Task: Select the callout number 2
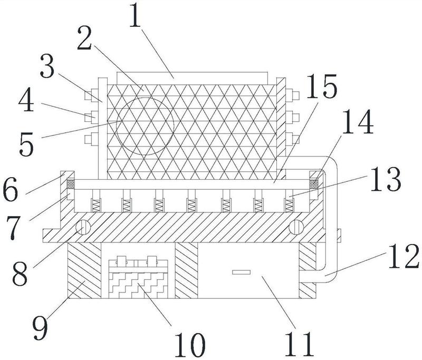point(84,38)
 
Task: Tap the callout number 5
point(27,144)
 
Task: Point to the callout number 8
point(20,274)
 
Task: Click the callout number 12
point(404,256)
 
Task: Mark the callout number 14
point(358,122)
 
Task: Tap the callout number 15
point(322,86)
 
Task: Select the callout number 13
point(386,179)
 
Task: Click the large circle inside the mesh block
point(145,127)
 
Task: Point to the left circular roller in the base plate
point(83,227)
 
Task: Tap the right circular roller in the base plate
point(296,227)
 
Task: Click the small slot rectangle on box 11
point(242,273)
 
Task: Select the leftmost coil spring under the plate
point(96,206)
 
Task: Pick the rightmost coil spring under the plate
point(289,206)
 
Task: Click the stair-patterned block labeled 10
point(138,286)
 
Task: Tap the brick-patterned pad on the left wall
point(71,184)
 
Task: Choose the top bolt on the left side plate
point(91,95)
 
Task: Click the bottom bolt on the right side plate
point(293,139)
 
